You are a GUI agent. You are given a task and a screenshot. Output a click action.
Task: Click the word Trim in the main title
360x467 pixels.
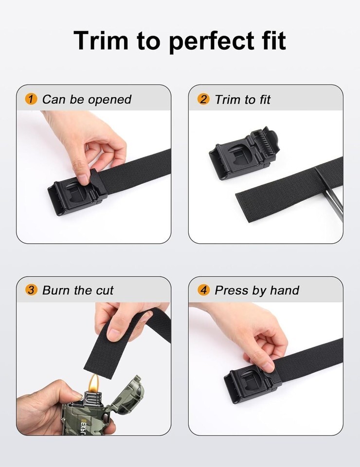(x=101, y=40)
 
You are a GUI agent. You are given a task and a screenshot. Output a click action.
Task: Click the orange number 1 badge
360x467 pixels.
(x=31, y=99)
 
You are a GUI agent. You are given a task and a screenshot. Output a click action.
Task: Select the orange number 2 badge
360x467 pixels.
(x=203, y=99)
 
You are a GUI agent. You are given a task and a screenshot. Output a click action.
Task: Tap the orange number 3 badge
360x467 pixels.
(x=31, y=290)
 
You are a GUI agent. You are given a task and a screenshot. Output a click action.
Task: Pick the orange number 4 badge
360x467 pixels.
(x=203, y=290)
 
